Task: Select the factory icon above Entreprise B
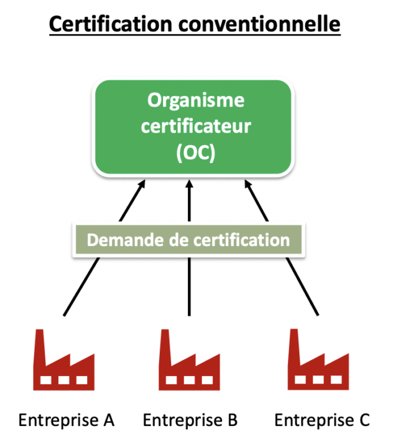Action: click(x=190, y=361)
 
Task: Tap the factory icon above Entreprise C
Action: click(x=317, y=361)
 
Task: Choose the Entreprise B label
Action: click(x=190, y=420)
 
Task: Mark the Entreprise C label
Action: click(x=321, y=420)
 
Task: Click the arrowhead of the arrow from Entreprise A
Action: click(x=142, y=184)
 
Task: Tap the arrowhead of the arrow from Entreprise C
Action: click(x=247, y=184)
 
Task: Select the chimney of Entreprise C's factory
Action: click(x=295, y=346)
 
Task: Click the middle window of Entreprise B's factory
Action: click(x=190, y=379)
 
